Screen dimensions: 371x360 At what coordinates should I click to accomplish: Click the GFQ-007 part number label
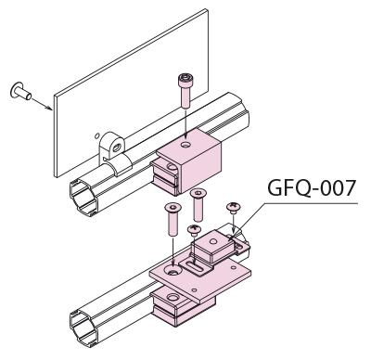coord(312,187)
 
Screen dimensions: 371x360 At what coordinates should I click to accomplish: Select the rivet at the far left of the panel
coord(20,91)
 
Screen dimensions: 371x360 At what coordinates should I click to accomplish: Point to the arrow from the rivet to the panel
coord(42,103)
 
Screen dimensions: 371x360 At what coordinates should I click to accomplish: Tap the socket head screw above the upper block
coord(185,91)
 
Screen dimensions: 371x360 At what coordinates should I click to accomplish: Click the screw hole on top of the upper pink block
coord(186,144)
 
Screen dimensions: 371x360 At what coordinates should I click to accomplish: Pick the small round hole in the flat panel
coord(96,135)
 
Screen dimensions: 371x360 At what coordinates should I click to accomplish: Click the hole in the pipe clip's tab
coord(116,148)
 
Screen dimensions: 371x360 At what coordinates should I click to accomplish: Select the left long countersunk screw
coord(173,218)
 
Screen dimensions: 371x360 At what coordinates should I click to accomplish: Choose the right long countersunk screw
coord(198,205)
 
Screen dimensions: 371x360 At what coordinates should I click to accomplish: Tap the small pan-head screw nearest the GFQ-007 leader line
coord(234,208)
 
